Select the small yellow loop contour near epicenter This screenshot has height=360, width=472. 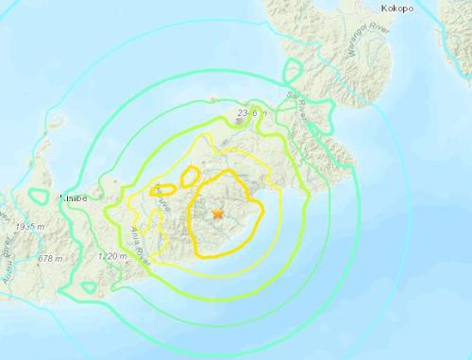point(190,176)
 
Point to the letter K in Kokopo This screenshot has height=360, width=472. point(383,9)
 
